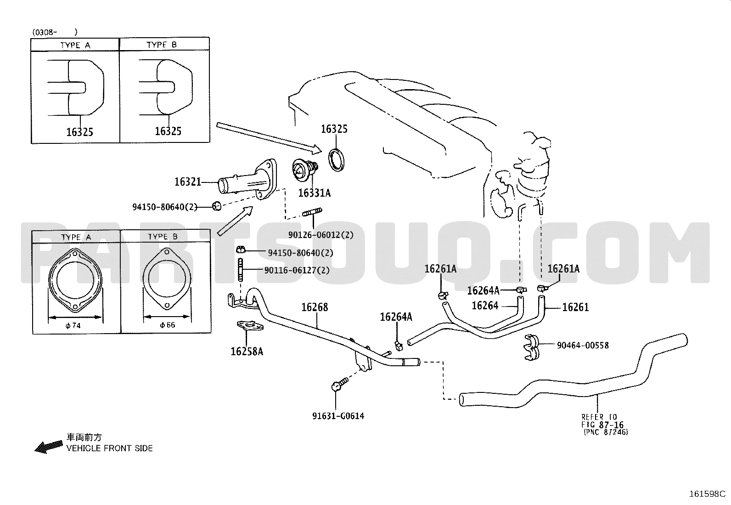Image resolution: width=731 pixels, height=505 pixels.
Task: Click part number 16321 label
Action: click(x=188, y=182)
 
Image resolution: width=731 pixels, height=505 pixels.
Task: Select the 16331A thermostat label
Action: click(x=314, y=193)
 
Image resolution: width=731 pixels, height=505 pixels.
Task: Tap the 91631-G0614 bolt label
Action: click(x=338, y=416)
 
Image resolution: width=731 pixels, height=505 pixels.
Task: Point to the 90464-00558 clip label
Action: click(x=583, y=345)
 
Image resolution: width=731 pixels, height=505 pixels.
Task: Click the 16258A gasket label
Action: click(x=247, y=352)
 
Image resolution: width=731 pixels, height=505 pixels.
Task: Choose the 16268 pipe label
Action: click(x=315, y=307)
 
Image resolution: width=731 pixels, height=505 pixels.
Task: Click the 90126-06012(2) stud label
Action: click(x=321, y=235)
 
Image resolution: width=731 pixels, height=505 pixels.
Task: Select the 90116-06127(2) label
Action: click(x=297, y=270)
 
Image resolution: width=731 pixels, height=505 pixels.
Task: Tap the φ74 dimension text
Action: click(x=73, y=325)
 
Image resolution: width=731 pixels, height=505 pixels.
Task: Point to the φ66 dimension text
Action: click(x=168, y=325)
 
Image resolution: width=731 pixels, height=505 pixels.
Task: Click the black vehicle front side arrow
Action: click(x=49, y=447)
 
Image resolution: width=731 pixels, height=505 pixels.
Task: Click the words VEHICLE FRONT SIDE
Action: click(x=110, y=448)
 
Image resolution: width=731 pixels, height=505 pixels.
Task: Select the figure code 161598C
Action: click(x=707, y=494)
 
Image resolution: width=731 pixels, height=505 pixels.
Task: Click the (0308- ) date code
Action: click(x=55, y=32)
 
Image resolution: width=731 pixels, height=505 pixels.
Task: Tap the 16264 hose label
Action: click(x=485, y=306)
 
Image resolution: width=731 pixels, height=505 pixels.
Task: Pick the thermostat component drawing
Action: click(x=305, y=170)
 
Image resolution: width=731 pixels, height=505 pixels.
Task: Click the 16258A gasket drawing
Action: click(x=250, y=325)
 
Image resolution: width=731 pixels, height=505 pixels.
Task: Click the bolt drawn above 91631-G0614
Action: click(x=339, y=384)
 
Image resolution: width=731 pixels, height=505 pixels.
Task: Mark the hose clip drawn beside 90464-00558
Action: click(x=532, y=347)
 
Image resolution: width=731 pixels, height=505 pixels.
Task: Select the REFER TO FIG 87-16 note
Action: click(x=604, y=424)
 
